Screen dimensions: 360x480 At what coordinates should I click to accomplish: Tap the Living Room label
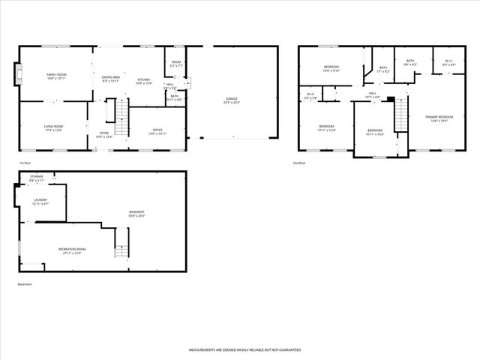53,128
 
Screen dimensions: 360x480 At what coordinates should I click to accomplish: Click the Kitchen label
144,81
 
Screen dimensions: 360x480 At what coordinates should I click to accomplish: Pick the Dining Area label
111,78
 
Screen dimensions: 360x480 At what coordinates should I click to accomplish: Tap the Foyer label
103,135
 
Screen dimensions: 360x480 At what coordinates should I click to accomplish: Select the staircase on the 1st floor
120,112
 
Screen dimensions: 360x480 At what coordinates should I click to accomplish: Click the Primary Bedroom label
439,118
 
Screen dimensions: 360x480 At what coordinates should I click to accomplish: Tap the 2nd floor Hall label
372,95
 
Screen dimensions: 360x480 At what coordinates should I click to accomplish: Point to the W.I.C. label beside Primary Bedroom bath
448,63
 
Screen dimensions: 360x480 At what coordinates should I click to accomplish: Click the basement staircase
121,244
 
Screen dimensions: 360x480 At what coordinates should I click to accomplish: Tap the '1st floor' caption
25,162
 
